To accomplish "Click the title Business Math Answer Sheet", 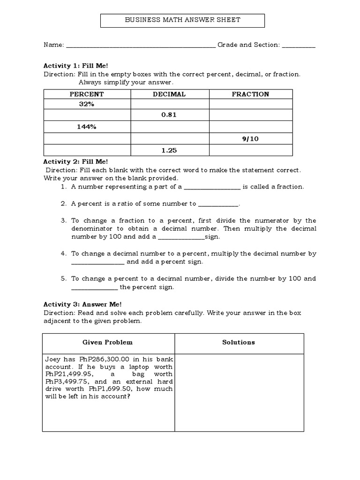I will point(183,20).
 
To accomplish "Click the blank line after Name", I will point(141,46).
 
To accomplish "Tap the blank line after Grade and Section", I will point(299,46).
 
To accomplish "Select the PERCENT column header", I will point(87,94).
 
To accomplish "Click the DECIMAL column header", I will point(169,94).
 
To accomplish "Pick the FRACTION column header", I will point(250,94).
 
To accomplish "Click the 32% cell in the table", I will point(87,104).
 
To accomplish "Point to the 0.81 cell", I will point(169,115).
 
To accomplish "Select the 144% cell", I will point(87,127).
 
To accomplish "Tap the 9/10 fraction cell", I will point(250,139).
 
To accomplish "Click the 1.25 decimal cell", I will point(169,150).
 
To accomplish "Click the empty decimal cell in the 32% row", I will point(169,104).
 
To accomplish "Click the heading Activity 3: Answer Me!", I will point(82,304).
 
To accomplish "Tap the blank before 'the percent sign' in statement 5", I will point(94,288).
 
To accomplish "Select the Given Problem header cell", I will point(108,343).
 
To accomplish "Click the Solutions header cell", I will point(239,343).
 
